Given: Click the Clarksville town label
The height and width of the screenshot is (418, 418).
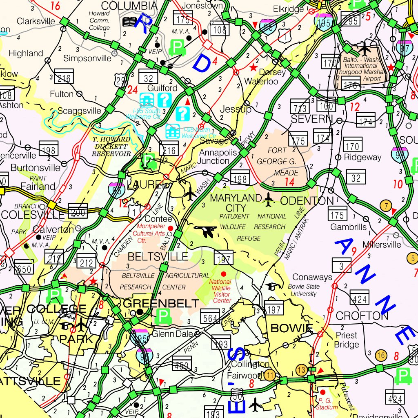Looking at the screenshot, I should tap(36, 21).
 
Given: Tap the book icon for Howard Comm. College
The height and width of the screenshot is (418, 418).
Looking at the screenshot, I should tap(130, 22).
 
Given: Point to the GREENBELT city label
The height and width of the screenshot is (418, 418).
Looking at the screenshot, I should tap(161, 303).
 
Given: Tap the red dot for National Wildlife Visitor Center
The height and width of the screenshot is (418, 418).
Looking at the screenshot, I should tap(223, 273).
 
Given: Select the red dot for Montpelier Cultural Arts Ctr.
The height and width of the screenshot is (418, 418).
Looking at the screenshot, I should tap(171, 228).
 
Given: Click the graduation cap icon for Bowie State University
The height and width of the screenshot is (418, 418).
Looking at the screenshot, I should tap(270, 286).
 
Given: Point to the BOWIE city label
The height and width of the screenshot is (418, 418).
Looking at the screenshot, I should tap(291, 328).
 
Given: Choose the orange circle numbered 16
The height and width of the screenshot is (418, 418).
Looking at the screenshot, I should tap(381, 355).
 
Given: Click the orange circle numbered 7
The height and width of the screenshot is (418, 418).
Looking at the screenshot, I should tap(385, 205).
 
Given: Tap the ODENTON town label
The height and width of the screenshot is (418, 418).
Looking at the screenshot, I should tap(307, 201).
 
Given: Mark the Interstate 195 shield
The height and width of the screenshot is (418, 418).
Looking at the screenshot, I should tap(325, 22).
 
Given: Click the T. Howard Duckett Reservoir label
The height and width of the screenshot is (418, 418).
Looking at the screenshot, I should tap(111, 147).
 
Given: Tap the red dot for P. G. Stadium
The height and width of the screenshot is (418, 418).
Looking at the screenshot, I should tap(322, 392).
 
